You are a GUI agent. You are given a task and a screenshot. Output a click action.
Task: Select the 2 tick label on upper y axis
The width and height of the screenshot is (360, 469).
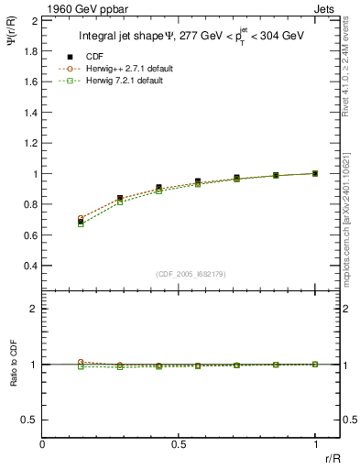[x=34, y=20]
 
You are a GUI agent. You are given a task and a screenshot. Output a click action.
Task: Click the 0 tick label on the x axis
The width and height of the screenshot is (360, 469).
[x=42, y=444]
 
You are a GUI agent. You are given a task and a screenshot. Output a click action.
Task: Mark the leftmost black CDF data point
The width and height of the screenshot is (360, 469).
[x=82, y=222]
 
